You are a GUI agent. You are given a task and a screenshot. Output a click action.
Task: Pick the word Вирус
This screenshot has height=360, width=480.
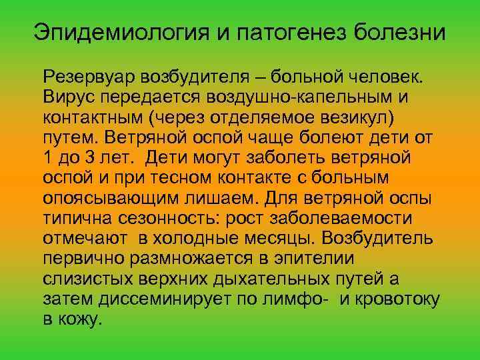coord(66,98)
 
